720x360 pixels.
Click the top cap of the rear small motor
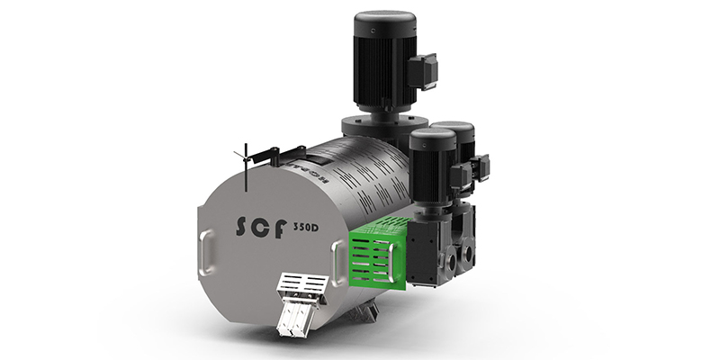tap(455, 128)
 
